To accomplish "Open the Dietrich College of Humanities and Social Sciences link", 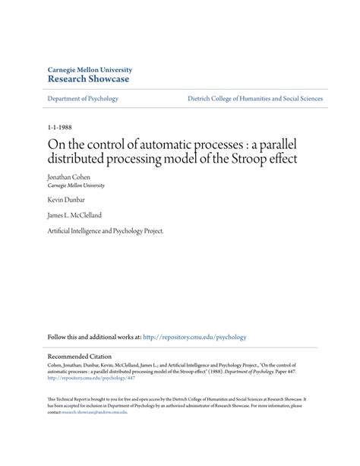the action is (254, 99).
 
